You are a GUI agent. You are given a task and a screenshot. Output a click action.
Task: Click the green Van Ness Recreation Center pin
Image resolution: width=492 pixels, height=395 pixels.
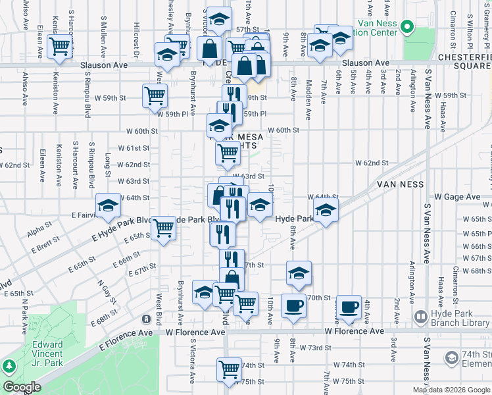click(x=407, y=28)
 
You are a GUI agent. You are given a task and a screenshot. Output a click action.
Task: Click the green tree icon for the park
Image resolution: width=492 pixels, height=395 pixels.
click(x=9, y=366)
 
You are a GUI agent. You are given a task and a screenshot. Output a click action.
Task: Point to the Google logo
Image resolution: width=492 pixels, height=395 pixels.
click(x=21, y=387)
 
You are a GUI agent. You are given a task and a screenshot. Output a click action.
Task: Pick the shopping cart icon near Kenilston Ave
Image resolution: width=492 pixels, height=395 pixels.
click(x=59, y=47)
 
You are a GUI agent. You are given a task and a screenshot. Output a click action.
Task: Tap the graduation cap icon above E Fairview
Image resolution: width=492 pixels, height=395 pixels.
click(x=108, y=206)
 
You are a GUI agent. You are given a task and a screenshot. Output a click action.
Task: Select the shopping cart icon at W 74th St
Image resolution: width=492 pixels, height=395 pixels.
click(x=228, y=367)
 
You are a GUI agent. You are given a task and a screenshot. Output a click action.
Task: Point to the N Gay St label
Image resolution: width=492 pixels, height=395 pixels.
click(x=102, y=288)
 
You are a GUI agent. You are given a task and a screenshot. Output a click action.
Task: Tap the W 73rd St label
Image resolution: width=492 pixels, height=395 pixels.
click(x=313, y=347)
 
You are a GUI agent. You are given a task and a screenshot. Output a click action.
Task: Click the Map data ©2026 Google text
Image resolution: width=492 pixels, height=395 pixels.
click(x=451, y=390)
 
